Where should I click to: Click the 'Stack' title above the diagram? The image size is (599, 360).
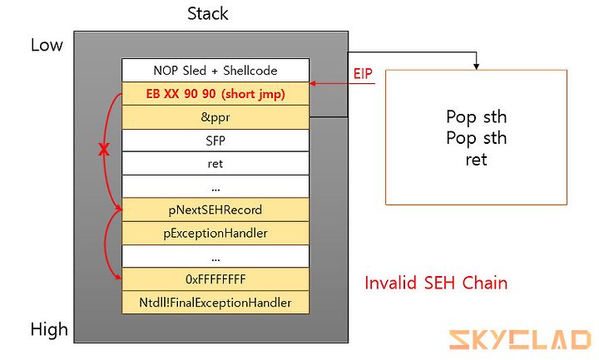pos(207,14)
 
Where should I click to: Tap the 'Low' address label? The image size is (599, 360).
pos(47,45)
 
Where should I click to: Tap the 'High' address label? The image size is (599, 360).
pos(49,329)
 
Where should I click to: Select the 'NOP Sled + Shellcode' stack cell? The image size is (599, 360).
pos(215,70)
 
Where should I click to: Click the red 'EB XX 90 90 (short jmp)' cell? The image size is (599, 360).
pos(215,93)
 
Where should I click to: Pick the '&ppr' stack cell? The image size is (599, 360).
pos(215,117)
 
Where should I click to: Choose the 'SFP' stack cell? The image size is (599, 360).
pos(215,141)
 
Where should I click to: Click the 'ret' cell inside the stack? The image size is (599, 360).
pos(215,164)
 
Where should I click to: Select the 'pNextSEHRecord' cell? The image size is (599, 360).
pos(215,210)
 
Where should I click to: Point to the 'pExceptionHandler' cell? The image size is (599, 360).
pos(215,233)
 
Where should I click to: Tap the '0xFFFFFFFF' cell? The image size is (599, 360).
pos(215,279)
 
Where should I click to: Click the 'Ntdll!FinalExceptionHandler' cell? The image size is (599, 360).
pos(215,303)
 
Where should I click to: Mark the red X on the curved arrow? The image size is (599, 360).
pos(103,150)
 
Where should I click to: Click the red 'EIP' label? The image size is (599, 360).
pos(363,74)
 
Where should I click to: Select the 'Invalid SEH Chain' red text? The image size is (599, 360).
pos(436,283)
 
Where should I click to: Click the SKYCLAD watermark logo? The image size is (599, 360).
pos(520,340)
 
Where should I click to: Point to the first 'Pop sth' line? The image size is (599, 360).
pos(477,117)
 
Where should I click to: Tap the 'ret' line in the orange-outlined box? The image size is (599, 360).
pos(477,160)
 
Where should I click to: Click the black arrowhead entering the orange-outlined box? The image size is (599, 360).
pos(476,67)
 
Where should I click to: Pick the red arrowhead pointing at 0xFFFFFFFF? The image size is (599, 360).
pos(118,277)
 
